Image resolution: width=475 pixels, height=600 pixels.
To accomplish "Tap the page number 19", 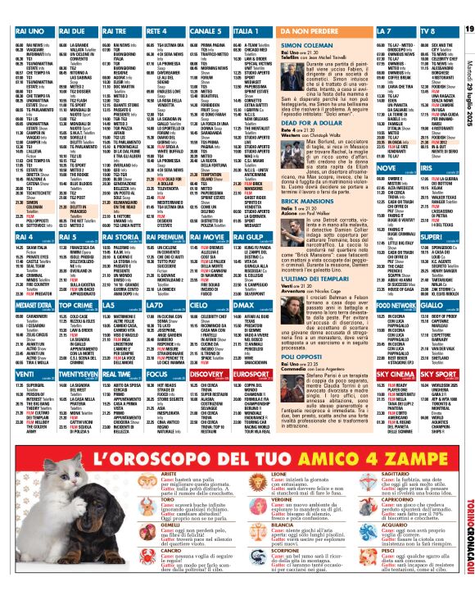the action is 469,30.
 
